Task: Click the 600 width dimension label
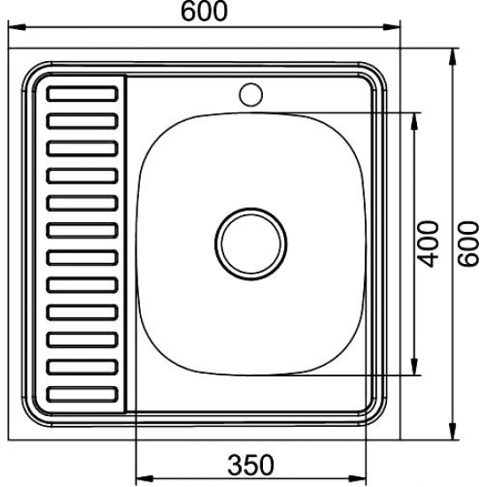pos(204,12)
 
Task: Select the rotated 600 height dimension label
pos(468,243)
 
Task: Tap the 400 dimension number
pos(428,243)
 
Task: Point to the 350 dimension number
pos(251,465)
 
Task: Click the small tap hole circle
pos(251,95)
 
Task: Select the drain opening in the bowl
pos(251,243)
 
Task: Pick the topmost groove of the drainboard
pos(82,94)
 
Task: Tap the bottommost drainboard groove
pos(82,394)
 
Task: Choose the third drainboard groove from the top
pos(82,149)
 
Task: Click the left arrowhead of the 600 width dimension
pos(16,27)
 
